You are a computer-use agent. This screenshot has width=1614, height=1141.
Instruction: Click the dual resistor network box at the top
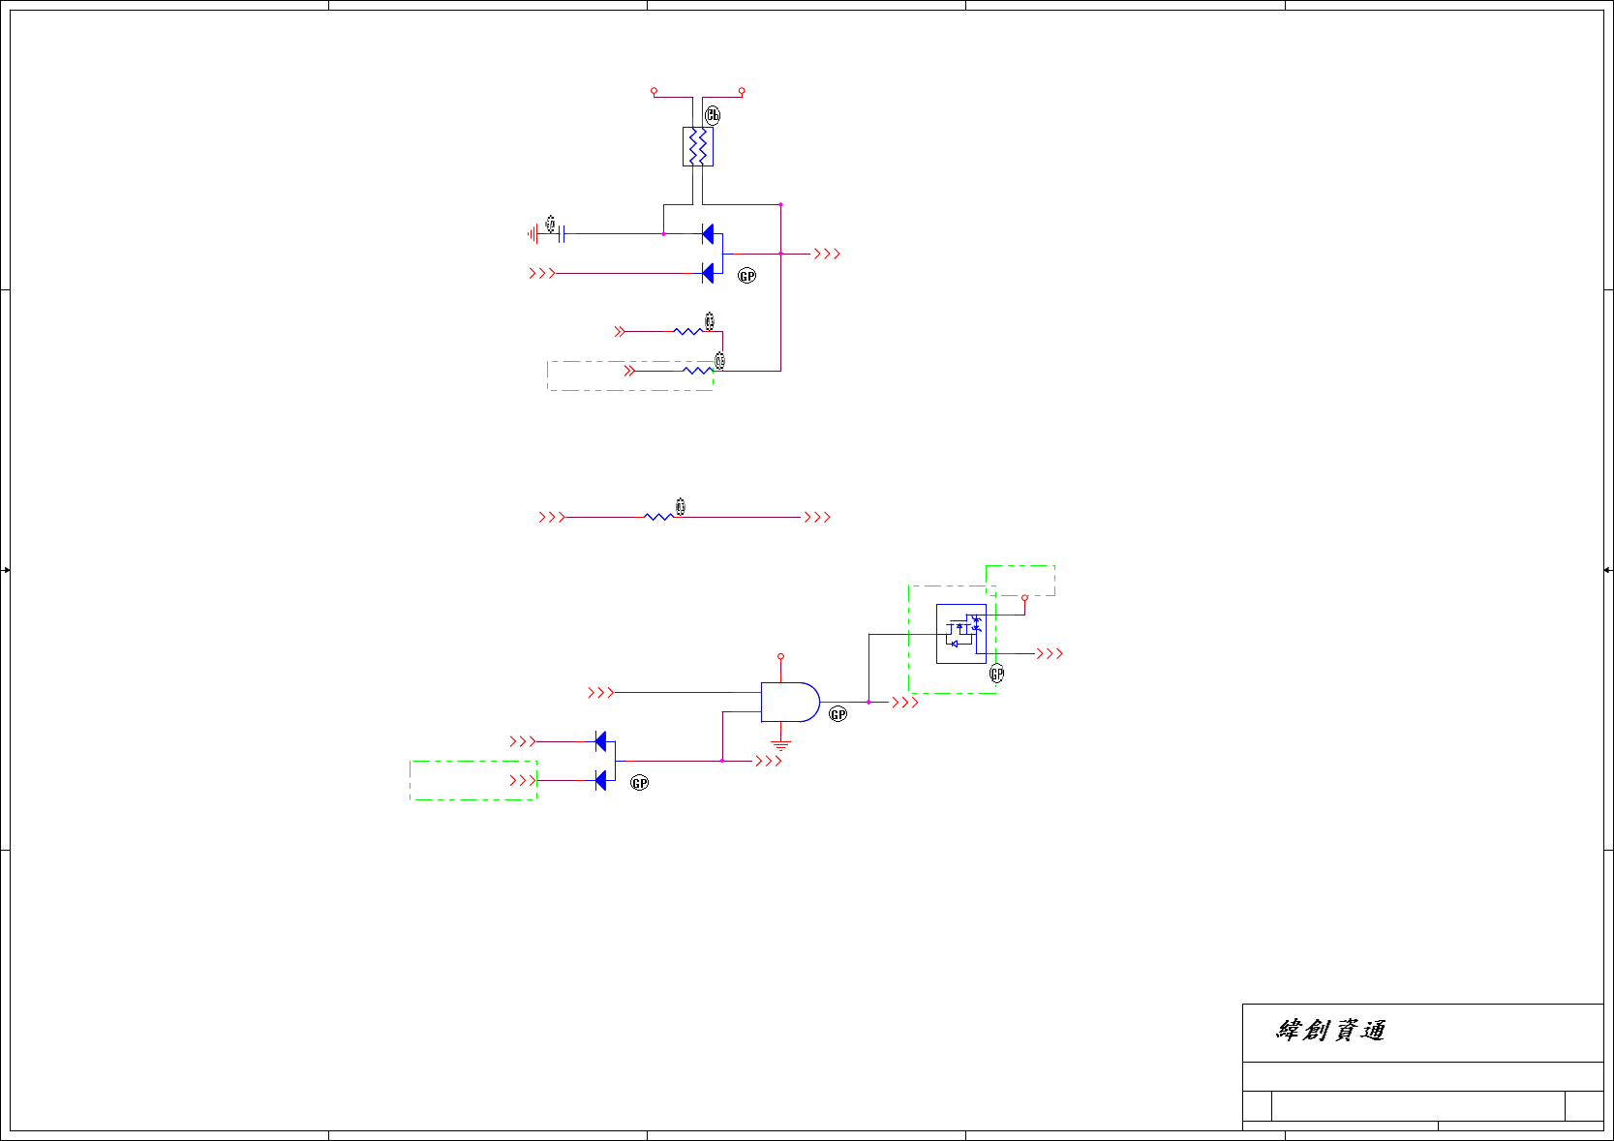(x=697, y=147)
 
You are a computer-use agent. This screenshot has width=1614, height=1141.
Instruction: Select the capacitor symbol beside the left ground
(x=562, y=234)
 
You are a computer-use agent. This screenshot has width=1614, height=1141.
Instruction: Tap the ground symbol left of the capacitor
(x=533, y=234)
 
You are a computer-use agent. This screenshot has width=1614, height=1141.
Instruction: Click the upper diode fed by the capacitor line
(x=708, y=234)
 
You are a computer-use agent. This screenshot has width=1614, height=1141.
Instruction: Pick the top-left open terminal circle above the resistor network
(x=654, y=91)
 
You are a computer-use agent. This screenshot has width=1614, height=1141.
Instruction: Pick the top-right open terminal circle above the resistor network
(x=742, y=91)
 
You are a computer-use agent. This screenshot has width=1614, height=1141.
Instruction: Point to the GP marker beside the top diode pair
(x=746, y=276)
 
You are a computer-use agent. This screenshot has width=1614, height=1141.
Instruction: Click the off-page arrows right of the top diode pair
(x=827, y=254)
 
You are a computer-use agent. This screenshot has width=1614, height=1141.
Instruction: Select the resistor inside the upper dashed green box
(x=697, y=371)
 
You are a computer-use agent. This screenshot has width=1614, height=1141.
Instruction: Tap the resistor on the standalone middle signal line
(x=658, y=518)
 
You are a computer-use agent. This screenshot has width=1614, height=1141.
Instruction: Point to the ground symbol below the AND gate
(x=780, y=745)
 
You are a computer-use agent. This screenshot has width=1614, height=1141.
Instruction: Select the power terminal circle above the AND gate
(x=780, y=657)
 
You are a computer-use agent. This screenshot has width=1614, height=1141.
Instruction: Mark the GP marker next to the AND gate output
(x=837, y=714)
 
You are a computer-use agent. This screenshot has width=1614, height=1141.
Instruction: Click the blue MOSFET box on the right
(x=960, y=634)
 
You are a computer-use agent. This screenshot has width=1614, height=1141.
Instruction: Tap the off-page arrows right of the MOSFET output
(x=1050, y=654)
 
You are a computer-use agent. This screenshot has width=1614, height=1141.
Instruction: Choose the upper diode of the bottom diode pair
(x=600, y=741)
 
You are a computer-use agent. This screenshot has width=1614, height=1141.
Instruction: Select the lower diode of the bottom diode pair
(x=600, y=780)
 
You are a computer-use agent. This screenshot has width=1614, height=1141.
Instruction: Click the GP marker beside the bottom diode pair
(x=639, y=783)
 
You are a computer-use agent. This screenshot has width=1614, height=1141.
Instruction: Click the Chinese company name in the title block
(x=1330, y=1031)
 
